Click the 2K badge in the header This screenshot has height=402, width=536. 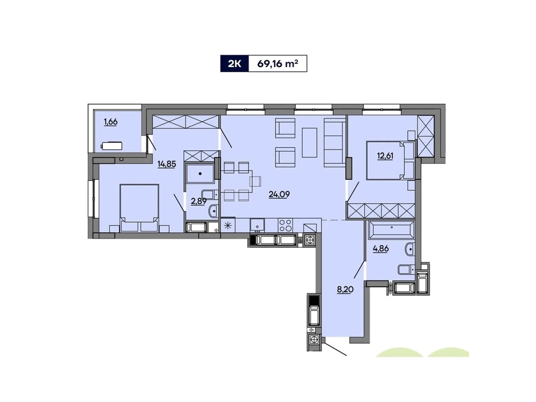click(x=234, y=64)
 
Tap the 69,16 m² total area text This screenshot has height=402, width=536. click(x=277, y=64)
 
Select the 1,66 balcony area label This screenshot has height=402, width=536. click(x=111, y=122)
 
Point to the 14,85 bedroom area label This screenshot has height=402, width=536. click(x=166, y=164)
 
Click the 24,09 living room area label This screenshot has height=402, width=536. click(x=279, y=194)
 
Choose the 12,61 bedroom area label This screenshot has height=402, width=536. click(x=385, y=156)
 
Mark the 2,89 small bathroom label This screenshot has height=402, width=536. click(x=198, y=201)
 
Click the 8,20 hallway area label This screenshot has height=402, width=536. click(x=345, y=289)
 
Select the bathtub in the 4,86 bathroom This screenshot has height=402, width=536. click(x=391, y=230)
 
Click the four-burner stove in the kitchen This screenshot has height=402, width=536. click(x=285, y=225)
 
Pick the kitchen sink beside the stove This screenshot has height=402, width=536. click(x=257, y=224)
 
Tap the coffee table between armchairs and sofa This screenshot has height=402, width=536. click(x=309, y=143)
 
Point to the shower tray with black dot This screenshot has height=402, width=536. click(x=200, y=174)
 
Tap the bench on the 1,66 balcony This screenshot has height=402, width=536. click(x=112, y=146)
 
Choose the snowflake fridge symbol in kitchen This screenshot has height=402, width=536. click(x=228, y=225)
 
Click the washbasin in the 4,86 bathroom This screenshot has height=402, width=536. click(x=409, y=249)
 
